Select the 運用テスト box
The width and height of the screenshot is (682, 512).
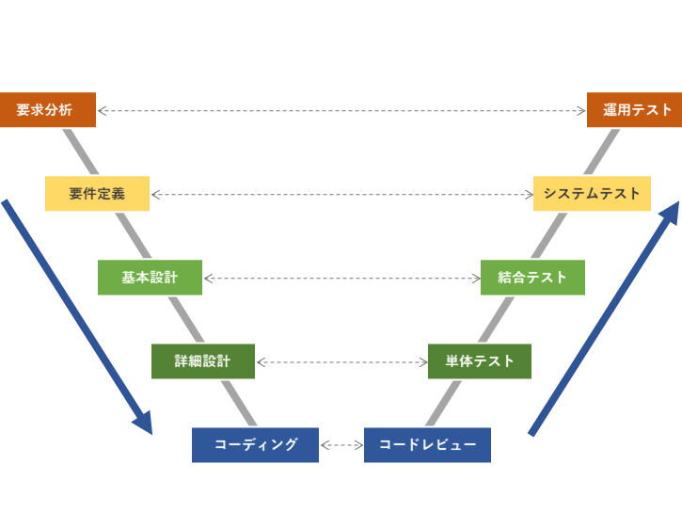pyautogui.click(x=634, y=110)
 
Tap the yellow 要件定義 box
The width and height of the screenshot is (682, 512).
pyautogui.click(x=97, y=194)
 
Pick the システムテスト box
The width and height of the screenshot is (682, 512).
pyautogui.click(x=592, y=194)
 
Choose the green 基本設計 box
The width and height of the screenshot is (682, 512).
pyautogui.click(x=150, y=278)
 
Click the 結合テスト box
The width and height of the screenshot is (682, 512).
pyautogui.click(x=532, y=278)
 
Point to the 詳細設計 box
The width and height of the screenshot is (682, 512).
pyautogui.click(x=202, y=361)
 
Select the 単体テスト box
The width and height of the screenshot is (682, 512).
pyautogui.click(x=479, y=361)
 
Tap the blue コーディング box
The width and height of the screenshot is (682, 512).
pyautogui.click(x=255, y=445)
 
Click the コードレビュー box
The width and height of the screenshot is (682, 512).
pyautogui.click(x=427, y=445)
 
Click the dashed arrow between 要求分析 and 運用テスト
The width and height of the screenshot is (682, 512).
pyautogui.click(x=341, y=110)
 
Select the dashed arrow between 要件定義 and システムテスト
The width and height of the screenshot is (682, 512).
pyautogui.click(x=341, y=194)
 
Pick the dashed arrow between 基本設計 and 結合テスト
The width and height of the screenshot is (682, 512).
pyautogui.click(x=341, y=278)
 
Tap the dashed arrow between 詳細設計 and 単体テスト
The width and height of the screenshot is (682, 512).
pyautogui.click(x=341, y=361)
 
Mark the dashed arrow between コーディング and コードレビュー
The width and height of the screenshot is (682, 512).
pyautogui.click(x=341, y=445)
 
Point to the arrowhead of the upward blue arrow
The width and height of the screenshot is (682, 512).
pyautogui.click(x=671, y=212)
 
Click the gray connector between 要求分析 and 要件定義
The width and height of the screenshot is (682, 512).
pyautogui.click(x=80, y=152)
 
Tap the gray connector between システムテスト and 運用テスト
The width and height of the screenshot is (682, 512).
pyautogui.click(x=603, y=152)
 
